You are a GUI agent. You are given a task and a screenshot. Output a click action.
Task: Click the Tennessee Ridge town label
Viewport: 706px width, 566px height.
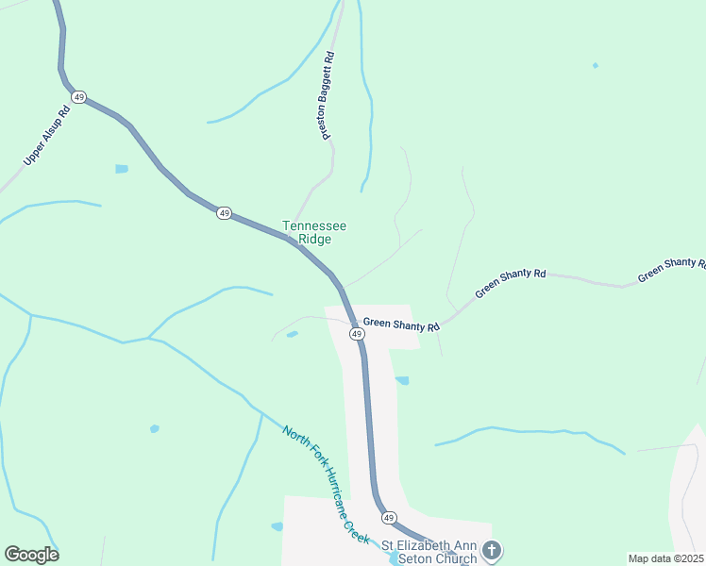(x=314, y=232)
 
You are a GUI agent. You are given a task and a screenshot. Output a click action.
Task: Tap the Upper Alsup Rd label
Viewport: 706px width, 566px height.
(x=47, y=137)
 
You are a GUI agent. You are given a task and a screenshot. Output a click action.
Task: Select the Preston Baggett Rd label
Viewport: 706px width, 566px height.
(x=328, y=96)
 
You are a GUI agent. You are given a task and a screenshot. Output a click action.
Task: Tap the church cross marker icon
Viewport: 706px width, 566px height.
(x=492, y=550)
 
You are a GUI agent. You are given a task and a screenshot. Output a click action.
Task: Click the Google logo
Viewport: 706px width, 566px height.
(x=31, y=554)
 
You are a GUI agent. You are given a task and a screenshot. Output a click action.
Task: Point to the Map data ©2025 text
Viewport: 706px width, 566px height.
(x=665, y=558)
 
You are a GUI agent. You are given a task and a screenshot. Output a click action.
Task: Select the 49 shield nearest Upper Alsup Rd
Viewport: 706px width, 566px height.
(x=79, y=97)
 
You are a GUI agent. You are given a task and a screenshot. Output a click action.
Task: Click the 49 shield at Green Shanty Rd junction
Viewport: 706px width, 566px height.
(x=357, y=334)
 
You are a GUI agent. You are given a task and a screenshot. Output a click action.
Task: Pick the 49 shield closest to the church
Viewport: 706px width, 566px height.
(x=388, y=518)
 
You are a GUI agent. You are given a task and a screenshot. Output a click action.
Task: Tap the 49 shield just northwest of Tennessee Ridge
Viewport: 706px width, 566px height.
(x=223, y=213)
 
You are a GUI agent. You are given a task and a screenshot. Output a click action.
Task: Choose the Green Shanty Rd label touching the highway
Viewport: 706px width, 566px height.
(x=402, y=325)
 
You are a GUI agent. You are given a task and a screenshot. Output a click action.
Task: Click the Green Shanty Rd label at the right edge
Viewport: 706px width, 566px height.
(x=671, y=269)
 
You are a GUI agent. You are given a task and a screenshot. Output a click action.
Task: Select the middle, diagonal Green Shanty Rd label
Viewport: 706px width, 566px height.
(x=510, y=284)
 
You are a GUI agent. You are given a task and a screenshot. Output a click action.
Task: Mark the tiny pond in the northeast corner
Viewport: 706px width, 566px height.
(x=595, y=65)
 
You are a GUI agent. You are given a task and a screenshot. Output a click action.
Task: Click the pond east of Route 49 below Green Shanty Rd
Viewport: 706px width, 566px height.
(x=402, y=380)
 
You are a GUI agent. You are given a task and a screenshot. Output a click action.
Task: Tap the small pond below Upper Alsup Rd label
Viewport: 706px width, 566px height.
(x=121, y=169)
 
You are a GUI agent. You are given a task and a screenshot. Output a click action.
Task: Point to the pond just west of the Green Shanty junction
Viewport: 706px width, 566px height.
(x=292, y=334)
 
